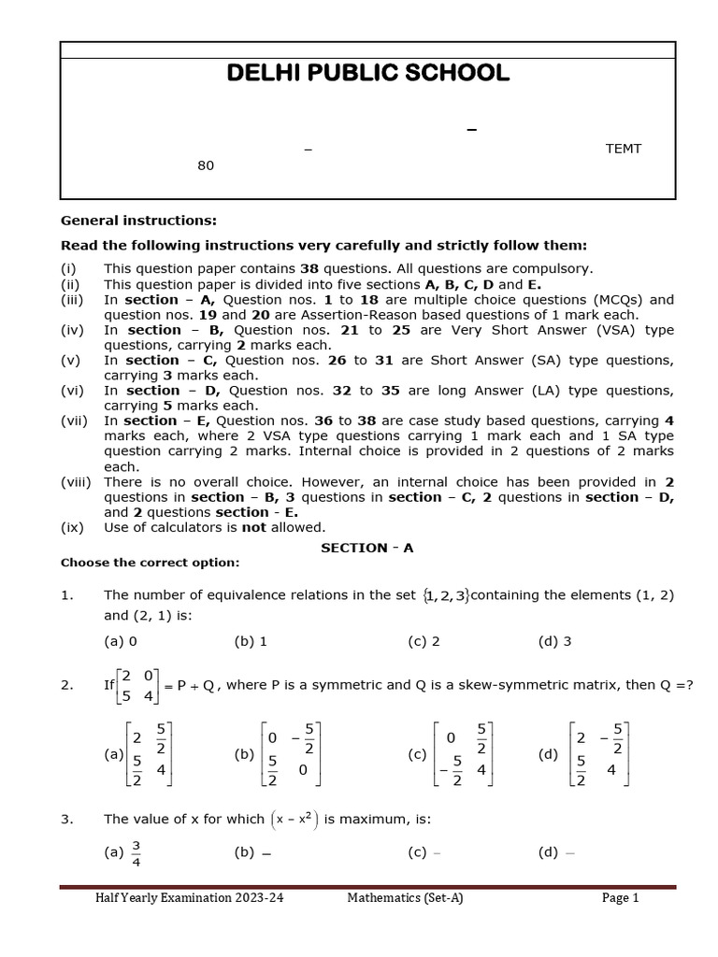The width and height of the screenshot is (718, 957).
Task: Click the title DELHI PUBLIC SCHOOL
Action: (x=368, y=74)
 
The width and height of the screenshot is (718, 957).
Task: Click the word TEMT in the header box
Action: (x=624, y=149)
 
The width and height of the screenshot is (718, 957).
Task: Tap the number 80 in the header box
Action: (x=206, y=165)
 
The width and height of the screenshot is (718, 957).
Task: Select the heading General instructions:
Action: (x=138, y=221)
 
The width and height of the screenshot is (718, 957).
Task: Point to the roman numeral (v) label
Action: (x=73, y=360)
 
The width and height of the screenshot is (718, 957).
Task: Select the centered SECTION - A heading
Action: (x=366, y=549)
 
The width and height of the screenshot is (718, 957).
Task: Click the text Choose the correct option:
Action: (x=150, y=563)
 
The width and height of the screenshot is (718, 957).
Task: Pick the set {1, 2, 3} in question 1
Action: (x=446, y=595)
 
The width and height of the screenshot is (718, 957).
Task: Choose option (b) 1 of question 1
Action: (x=251, y=641)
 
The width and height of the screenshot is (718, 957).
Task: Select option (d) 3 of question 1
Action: (x=554, y=641)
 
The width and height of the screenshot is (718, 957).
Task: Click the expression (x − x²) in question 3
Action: (x=294, y=820)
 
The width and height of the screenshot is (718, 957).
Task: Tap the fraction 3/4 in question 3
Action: (x=136, y=852)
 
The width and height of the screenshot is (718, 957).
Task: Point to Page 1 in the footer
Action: (x=620, y=898)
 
